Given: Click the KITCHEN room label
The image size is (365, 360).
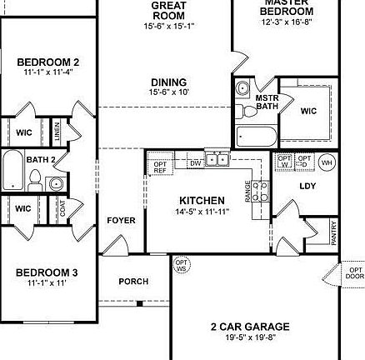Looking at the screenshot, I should pos(202,201).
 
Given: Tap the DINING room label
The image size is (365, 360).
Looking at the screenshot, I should pos(168,82).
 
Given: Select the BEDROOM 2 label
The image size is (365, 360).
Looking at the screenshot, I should pos(48,62).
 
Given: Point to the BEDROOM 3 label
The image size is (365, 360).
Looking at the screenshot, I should pos(47,273).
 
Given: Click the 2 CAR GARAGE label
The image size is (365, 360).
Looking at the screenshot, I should pos(250,327).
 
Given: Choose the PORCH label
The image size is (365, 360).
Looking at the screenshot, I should pos(133,282).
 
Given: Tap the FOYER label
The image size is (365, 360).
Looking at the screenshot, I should pos(121,221).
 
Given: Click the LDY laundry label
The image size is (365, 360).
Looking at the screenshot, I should pos(307,187).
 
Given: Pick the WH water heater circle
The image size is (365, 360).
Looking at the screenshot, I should pos(327,162).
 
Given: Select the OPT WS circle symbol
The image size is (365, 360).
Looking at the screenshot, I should pos(181,266).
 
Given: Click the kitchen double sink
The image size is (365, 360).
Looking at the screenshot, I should pos(217,158).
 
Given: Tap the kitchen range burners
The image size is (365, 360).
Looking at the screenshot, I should pos(258,191).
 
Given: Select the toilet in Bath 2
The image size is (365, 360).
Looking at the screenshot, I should pos(35,178).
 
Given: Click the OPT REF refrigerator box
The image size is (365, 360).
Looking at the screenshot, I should pos(161,167).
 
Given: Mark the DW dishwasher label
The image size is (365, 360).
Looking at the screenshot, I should pos(196,163).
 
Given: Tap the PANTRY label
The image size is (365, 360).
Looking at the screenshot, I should pos(333,231).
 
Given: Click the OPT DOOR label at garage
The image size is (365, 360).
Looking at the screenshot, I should pos(355,272).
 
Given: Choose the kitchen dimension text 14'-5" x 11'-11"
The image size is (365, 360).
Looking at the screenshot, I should pos(202,212).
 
